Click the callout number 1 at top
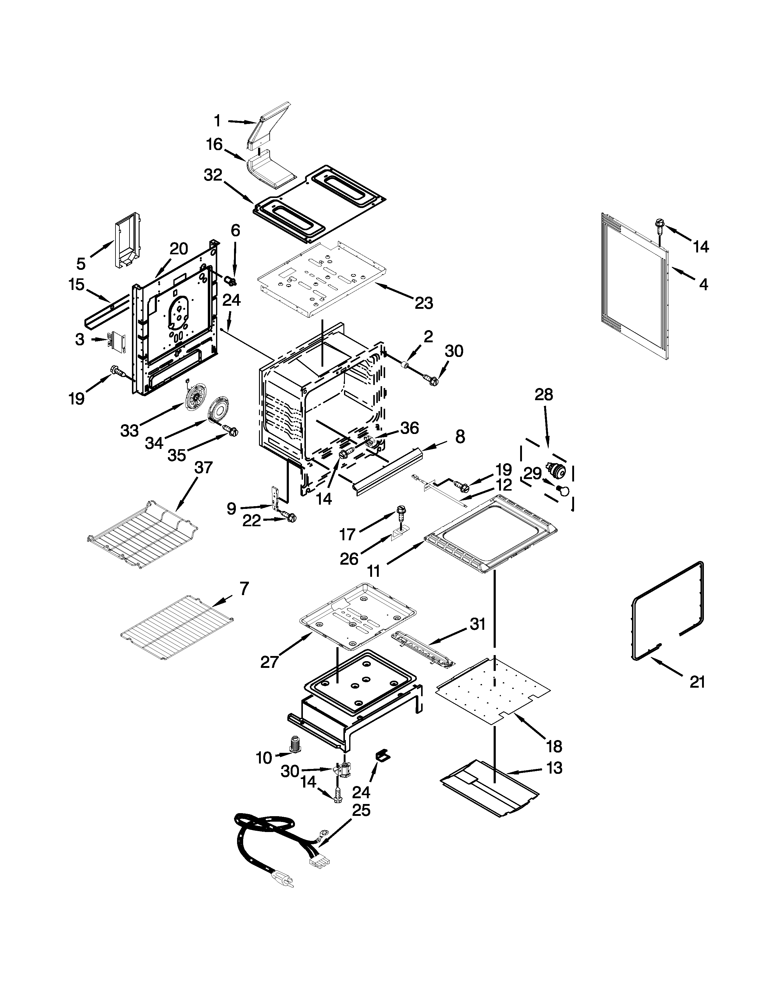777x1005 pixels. tap(217, 121)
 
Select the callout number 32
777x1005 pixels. tap(213, 175)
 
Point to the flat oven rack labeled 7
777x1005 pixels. tap(177, 628)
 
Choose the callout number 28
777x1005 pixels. tap(544, 395)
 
